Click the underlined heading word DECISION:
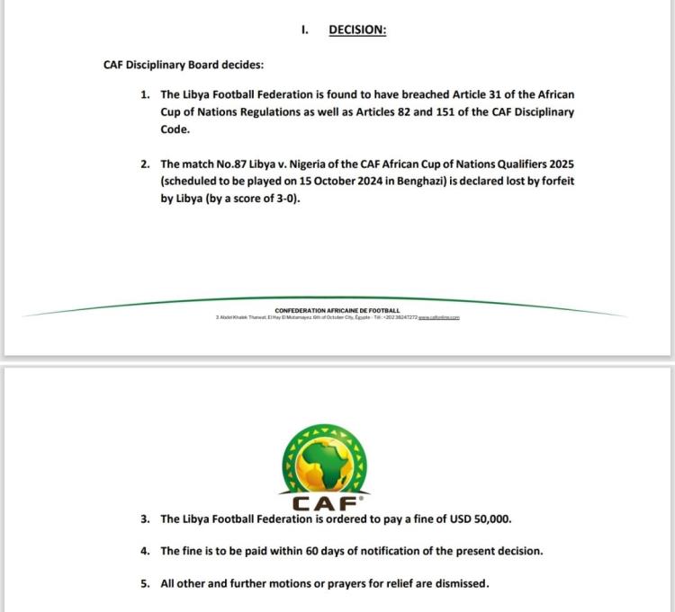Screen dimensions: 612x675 [357, 30]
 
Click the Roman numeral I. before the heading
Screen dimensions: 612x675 [305, 30]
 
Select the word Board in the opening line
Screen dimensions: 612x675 [217, 65]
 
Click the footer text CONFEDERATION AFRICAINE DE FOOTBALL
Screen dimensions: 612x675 [337, 311]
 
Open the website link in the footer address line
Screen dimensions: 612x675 [440, 318]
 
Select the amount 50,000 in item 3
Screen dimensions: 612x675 [490, 519]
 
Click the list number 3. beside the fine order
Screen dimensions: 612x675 [145, 519]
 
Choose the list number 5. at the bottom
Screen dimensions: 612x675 [145, 583]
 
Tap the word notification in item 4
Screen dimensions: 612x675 [404, 551]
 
